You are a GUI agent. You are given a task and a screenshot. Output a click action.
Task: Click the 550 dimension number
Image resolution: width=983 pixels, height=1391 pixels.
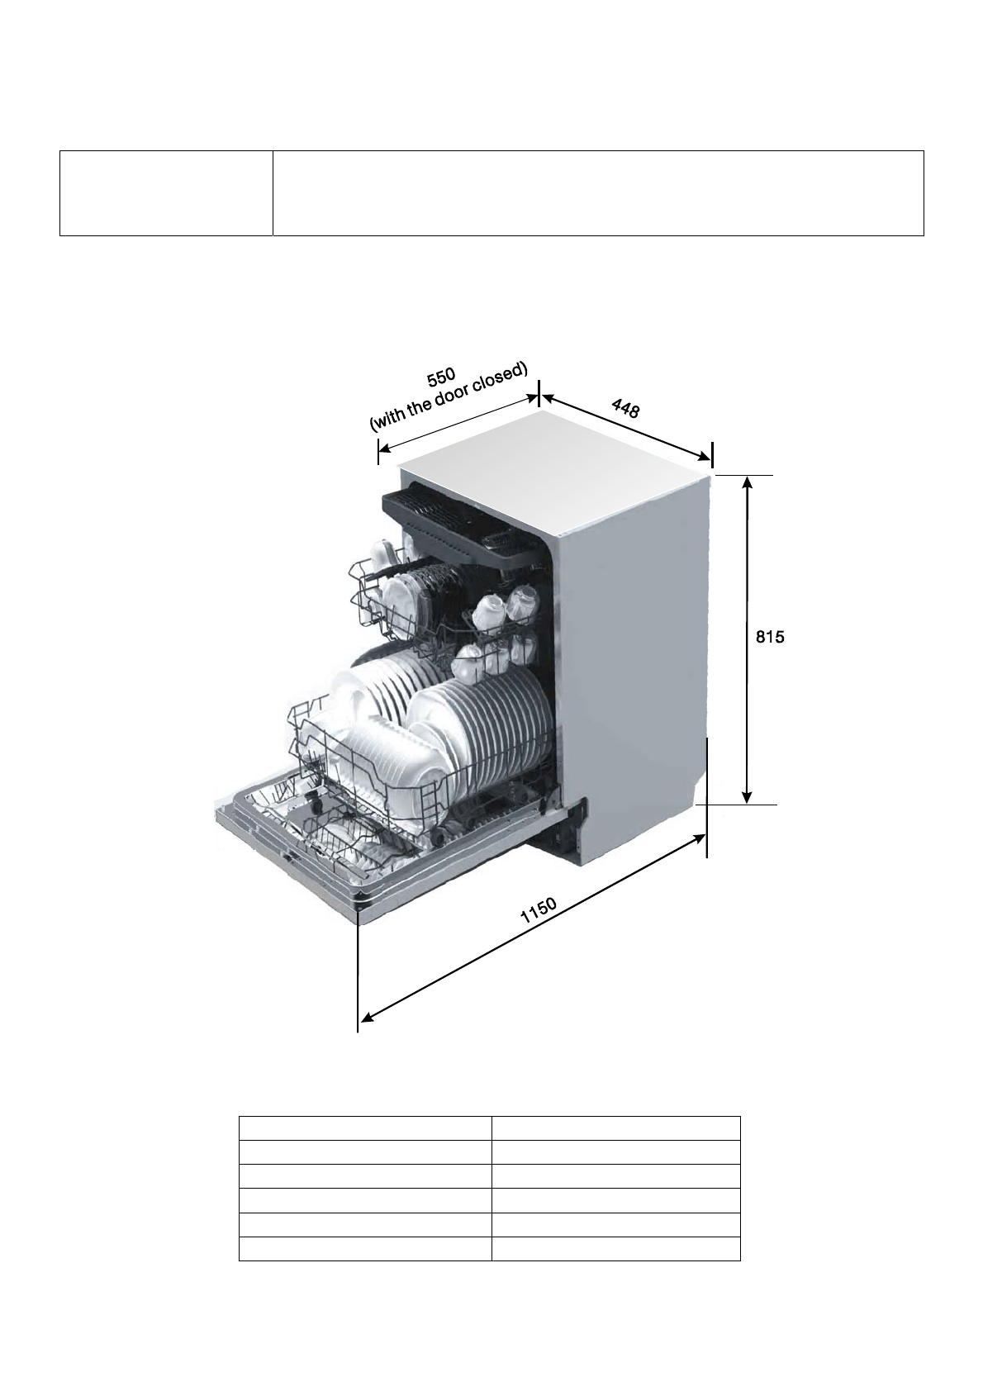[441, 377]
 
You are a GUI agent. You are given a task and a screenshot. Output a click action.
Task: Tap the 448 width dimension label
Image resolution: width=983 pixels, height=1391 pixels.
[625, 409]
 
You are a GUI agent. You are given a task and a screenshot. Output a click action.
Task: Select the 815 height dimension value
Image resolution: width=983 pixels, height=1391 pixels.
[770, 637]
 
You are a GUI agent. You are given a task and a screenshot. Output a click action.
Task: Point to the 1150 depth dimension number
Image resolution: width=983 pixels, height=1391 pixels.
[539, 911]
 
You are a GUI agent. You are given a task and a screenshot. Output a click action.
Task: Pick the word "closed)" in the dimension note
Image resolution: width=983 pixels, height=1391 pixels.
[501, 377]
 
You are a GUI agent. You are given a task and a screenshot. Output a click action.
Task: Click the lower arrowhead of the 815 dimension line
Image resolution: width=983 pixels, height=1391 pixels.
[747, 797]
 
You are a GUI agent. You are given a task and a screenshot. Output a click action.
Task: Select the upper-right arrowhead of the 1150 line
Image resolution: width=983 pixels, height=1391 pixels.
[699, 838]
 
